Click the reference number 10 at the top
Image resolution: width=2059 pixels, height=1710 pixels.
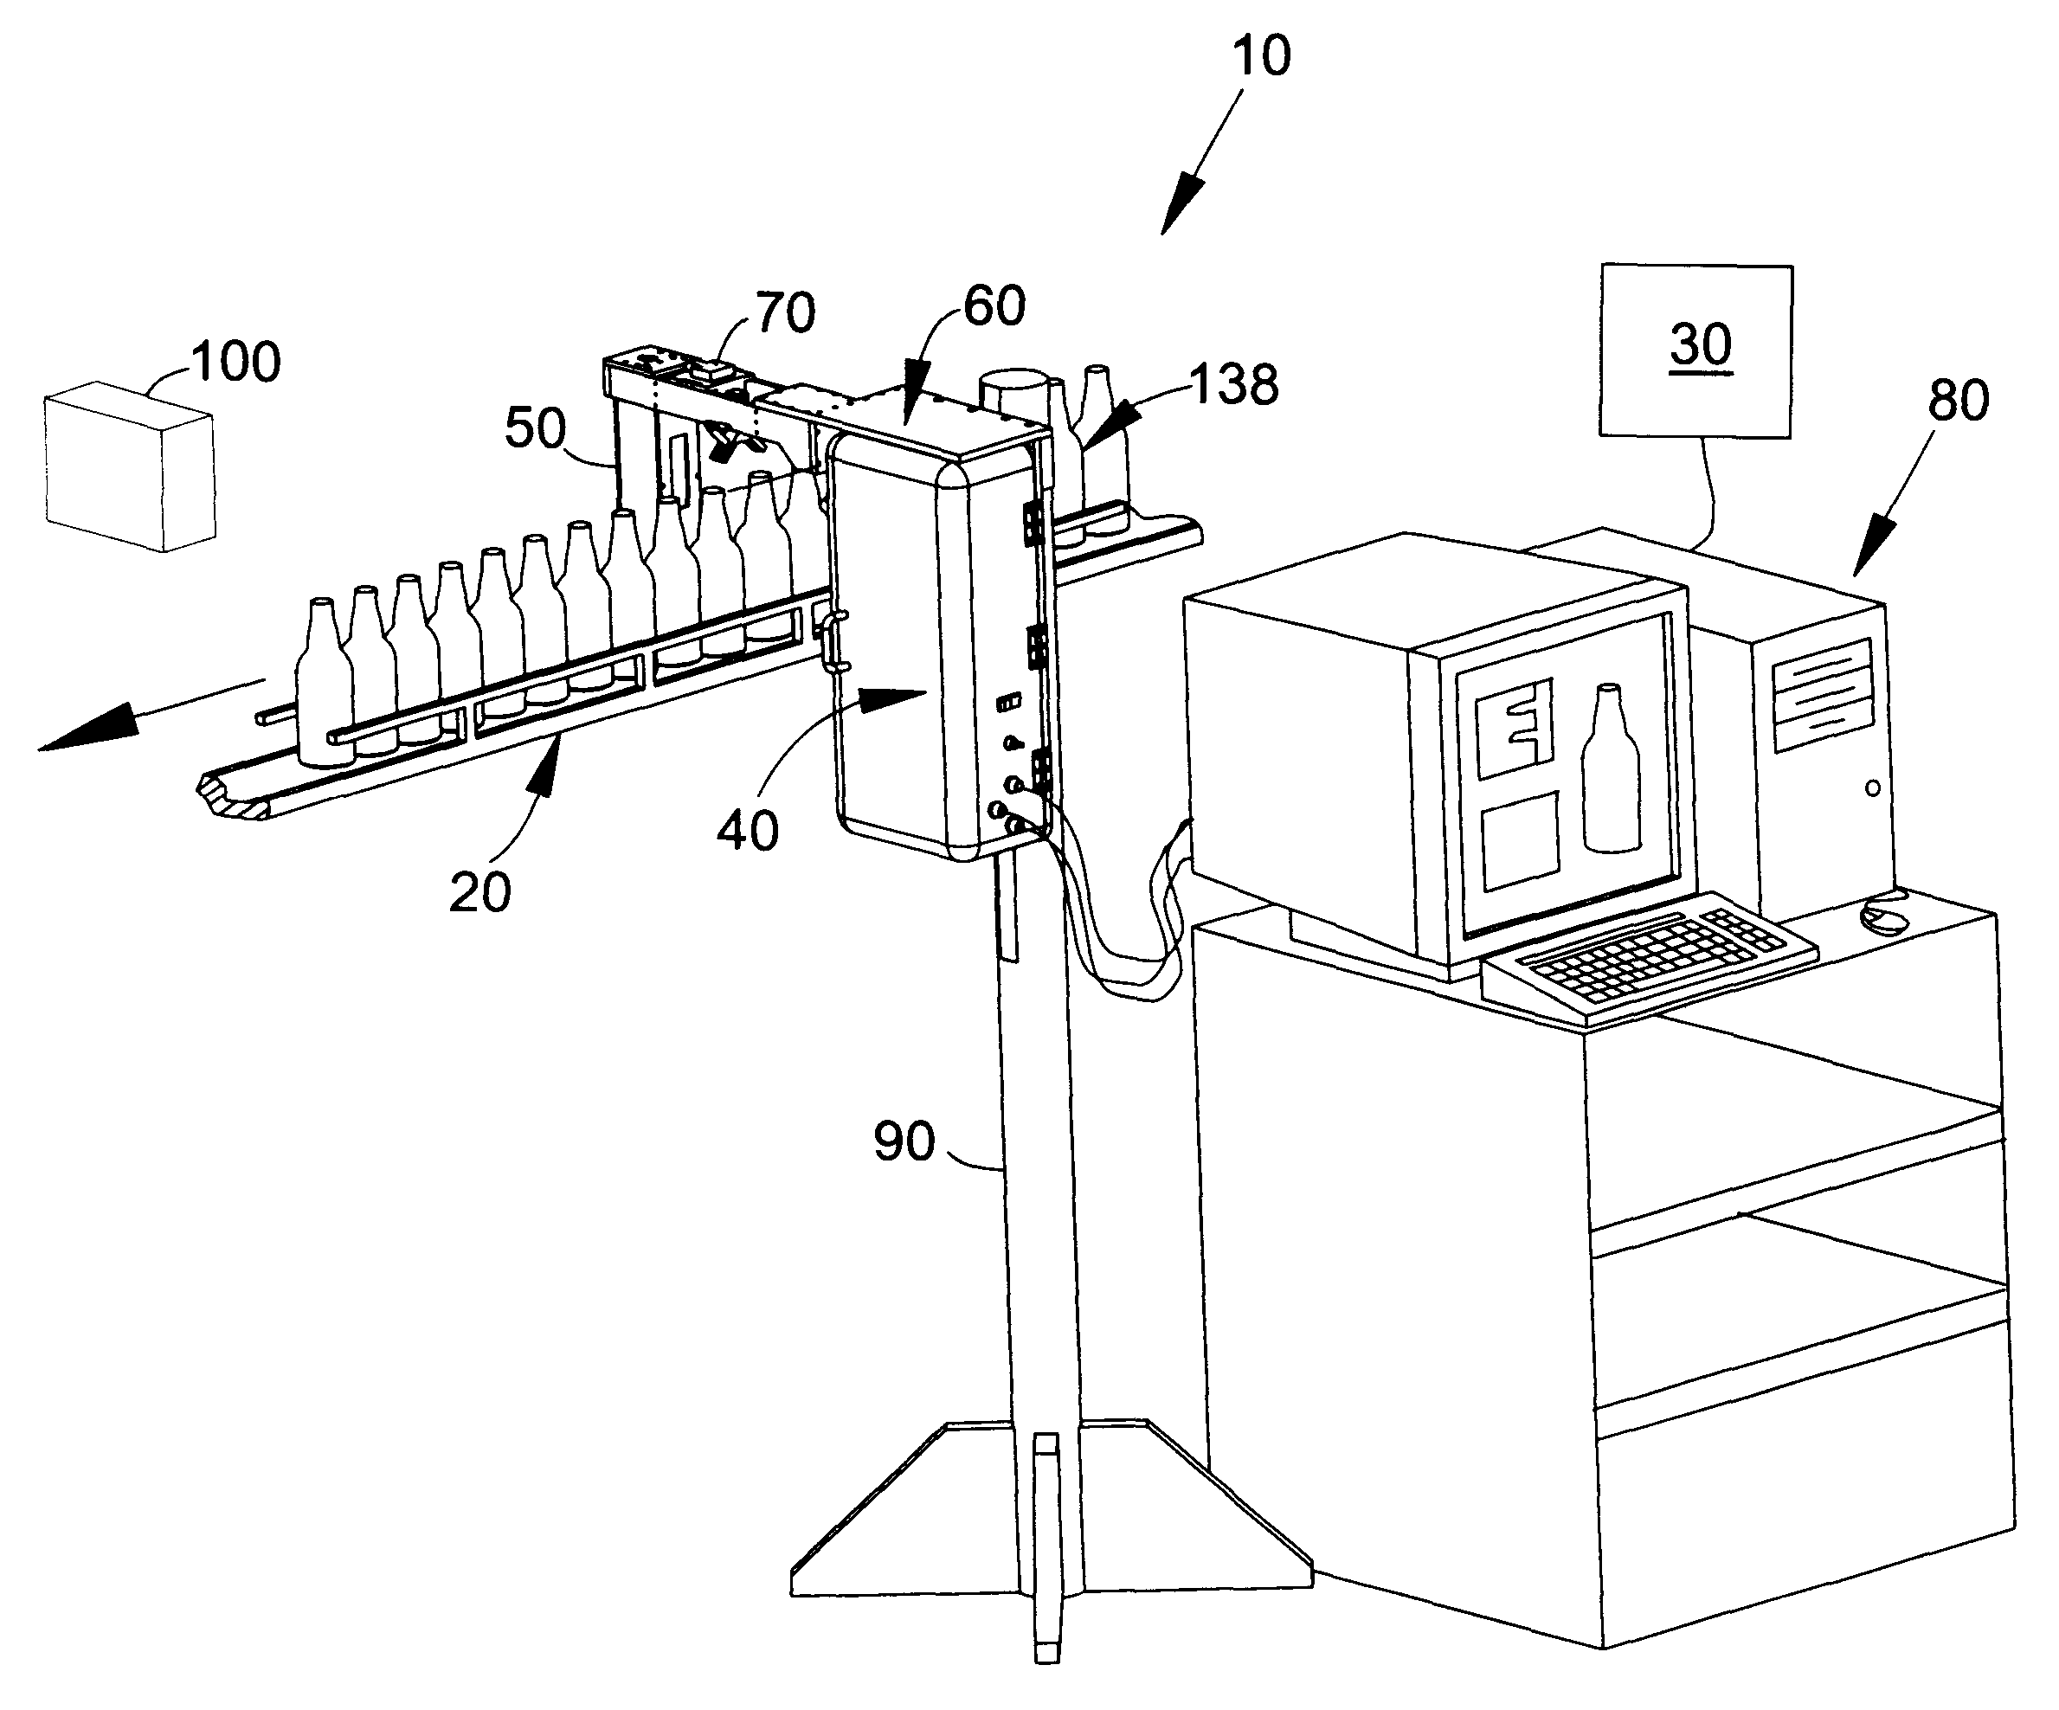(x=1262, y=56)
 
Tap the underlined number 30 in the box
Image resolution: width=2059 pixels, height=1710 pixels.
(x=1702, y=345)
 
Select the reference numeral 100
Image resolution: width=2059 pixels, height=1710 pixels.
(x=236, y=362)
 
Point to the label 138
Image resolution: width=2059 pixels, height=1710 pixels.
(x=1234, y=384)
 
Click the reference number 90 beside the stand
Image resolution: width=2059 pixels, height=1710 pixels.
(x=904, y=1142)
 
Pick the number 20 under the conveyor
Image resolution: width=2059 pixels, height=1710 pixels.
(x=480, y=892)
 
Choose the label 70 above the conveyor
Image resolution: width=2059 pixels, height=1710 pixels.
(x=785, y=312)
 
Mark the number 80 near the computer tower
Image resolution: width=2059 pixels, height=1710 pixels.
(x=1959, y=400)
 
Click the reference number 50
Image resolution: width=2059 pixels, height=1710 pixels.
(x=536, y=428)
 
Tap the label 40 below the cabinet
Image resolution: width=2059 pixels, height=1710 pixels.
(x=748, y=831)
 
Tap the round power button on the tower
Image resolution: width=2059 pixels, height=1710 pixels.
(x=1873, y=788)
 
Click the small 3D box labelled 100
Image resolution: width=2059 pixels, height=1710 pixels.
(x=130, y=466)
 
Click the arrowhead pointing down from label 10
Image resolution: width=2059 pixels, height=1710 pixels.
(x=1180, y=204)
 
